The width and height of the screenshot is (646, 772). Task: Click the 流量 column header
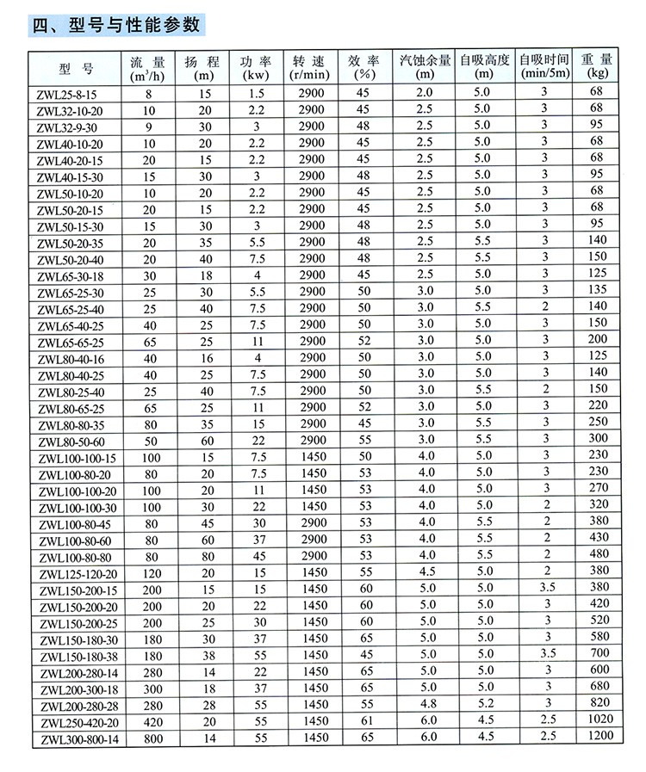coord(147,66)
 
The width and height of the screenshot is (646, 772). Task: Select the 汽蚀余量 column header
coord(425,66)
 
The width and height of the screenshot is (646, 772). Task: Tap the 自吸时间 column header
coord(544,66)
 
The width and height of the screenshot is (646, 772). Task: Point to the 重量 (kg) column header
coord(596,66)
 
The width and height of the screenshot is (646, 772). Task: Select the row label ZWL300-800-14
coord(75,738)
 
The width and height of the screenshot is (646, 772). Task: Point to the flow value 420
coord(151,721)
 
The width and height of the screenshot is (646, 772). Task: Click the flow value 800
coord(151,738)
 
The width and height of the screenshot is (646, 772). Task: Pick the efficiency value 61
coord(364,721)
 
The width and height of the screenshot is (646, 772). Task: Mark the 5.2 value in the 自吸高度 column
coord(483,705)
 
